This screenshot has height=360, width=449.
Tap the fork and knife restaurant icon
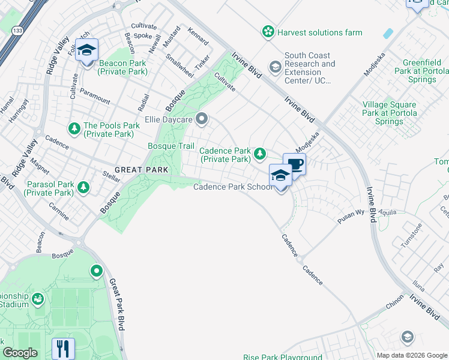pos(63,349)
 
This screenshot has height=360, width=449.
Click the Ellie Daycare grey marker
pos(202,119)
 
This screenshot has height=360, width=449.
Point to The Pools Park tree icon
pos(74,128)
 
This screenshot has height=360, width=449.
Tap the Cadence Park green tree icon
pos(259,154)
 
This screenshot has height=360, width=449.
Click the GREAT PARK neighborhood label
pos(141,170)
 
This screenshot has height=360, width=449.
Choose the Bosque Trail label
pos(171,146)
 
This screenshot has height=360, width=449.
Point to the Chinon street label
pos(395,304)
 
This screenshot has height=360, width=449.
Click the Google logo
pos(20,353)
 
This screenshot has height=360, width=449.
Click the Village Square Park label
pos(390,113)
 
